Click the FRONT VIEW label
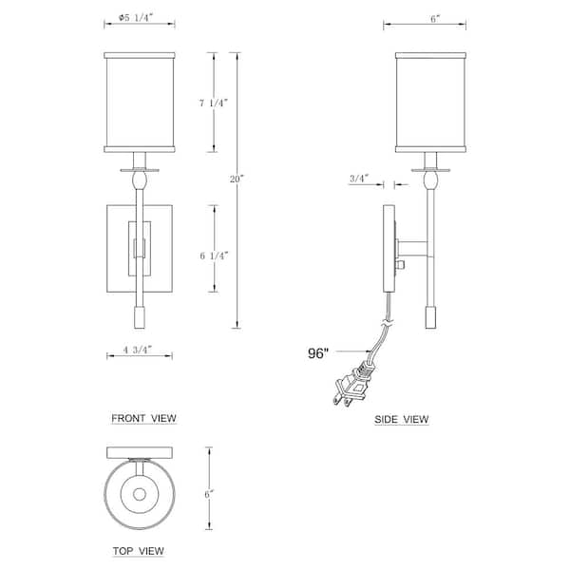[143, 418]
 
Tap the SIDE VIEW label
[401, 419]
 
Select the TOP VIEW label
[138, 551]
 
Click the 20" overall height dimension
[237, 179]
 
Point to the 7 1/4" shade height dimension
[213, 103]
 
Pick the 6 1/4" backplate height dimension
[214, 256]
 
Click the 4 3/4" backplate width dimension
[137, 350]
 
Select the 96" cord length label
[318, 353]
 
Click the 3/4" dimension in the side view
[359, 179]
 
